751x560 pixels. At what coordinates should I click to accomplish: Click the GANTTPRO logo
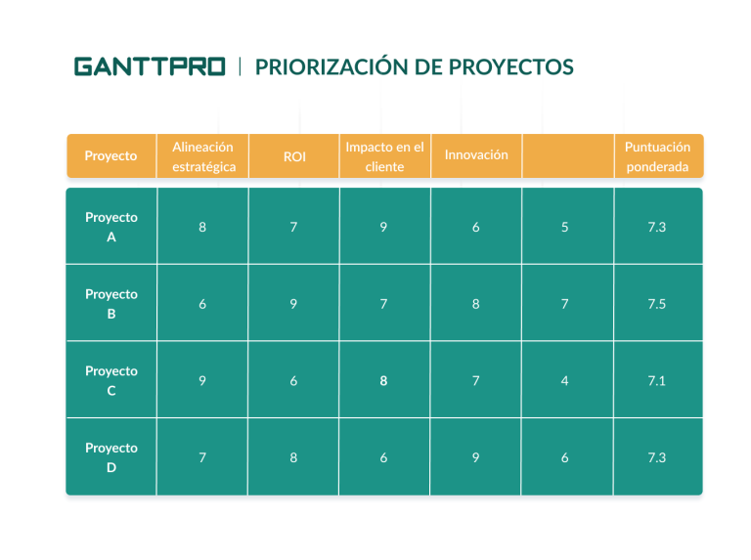tap(150, 66)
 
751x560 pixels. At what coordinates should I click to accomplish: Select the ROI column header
tap(294, 156)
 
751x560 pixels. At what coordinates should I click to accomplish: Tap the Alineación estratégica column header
tap(202, 156)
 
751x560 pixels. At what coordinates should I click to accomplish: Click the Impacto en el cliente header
tap(384, 156)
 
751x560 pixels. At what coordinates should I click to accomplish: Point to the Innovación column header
tap(476, 155)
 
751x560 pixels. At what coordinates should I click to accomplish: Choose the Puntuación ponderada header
tap(657, 156)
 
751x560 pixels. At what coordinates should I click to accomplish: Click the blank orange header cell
tap(567, 156)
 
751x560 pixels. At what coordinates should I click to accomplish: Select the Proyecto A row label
tap(111, 227)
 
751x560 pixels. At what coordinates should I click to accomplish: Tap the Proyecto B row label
tap(111, 303)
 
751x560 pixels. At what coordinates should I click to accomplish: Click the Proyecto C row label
tap(111, 380)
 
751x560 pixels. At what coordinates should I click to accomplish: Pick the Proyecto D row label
tap(111, 457)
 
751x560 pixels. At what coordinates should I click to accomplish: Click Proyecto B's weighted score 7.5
tap(657, 304)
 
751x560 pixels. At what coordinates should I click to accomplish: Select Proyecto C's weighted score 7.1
tap(657, 380)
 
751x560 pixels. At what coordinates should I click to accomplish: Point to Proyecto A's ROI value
tap(293, 227)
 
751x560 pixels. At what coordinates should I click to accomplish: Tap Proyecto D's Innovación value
tap(475, 457)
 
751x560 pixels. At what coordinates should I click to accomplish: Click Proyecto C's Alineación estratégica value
tap(202, 380)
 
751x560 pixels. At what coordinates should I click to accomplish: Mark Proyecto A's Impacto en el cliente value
tap(384, 227)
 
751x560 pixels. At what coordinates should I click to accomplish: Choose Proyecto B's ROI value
tap(293, 304)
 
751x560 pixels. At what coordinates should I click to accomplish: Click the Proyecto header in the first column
tap(111, 156)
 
